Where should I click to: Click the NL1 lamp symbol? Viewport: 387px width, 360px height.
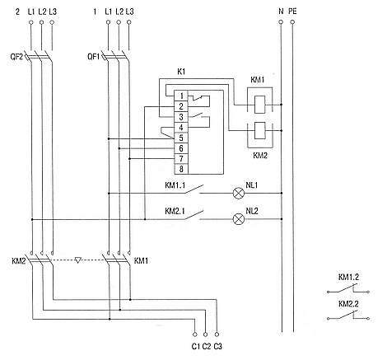[239, 193]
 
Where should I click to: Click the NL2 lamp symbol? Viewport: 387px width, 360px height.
[239, 219]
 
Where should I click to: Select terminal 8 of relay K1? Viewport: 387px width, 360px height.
[181, 169]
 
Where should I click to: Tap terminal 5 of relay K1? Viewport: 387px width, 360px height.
[181, 138]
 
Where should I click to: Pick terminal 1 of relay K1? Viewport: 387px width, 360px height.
[181, 96]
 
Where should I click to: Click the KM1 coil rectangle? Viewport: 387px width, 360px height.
[259, 105]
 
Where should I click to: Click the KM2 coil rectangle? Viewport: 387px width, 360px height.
[259, 130]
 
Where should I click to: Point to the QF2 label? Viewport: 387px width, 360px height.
[17, 57]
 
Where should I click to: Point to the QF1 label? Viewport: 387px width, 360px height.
[94, 57]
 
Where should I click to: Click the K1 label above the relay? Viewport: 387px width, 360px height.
[181, 72]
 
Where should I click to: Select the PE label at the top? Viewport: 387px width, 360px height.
[292, 12]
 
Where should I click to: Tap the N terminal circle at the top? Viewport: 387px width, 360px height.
[281, 22]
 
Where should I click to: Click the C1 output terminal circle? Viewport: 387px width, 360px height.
[194, 334]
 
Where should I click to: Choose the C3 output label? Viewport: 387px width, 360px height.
[217, 347]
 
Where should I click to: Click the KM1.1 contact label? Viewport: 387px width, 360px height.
[175, 185]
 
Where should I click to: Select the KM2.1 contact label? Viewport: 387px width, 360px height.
[175, 211]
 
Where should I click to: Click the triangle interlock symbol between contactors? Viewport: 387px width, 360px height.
[78, 260]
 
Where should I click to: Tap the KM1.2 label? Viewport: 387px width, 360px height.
[348, 278]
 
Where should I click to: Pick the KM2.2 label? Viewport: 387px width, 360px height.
[348, 304]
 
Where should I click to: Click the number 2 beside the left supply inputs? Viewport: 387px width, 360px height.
[18, 12]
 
